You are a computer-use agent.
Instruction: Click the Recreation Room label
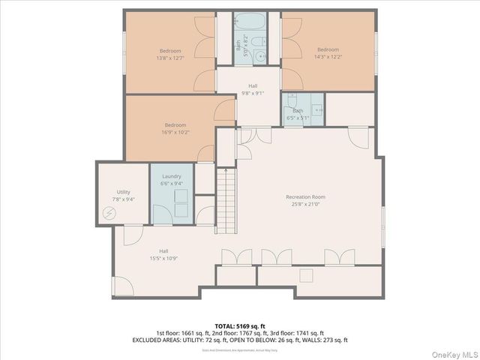[x=305, y=197]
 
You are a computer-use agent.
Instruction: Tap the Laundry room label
[x=172, y=176]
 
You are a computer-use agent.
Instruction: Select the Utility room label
[x=123, y=192]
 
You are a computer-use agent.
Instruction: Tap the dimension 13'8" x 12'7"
[x=169, y=58]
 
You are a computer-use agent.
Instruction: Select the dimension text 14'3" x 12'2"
[x=327, y=55]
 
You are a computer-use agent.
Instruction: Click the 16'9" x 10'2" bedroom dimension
[x=175, y=132]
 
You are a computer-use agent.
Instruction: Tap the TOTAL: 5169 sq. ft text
[x=239, y=325]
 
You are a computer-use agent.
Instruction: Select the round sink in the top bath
[x=259, y=55]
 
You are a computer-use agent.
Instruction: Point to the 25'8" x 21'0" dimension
[x=305, y=204]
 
